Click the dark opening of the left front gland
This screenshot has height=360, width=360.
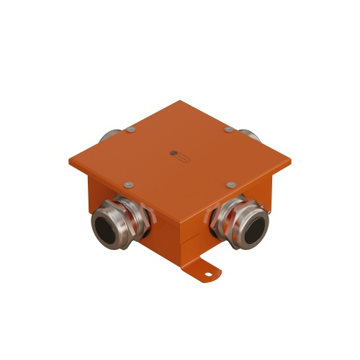click(x=106, y=230)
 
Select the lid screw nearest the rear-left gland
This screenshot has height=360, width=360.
click(x=130, y=130)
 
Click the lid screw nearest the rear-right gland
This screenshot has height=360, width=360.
click(x=228, y=130)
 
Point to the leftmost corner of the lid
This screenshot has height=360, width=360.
click(x=70, y=160)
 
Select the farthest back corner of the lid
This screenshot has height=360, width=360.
click(x=179, y=102)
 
